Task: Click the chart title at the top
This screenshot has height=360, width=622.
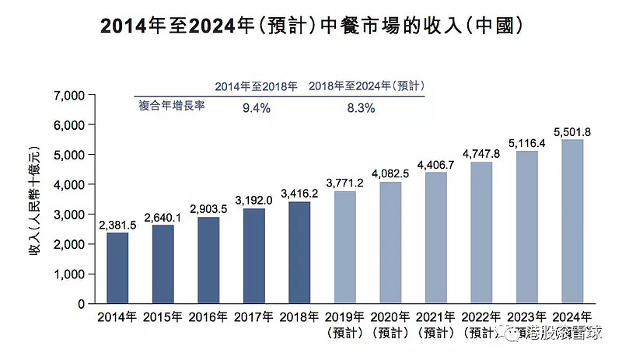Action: tap(310, 26)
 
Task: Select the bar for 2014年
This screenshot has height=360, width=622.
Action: tap(118, 267)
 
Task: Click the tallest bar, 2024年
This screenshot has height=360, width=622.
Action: tap(572, 222)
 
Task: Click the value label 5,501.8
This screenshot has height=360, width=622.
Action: tap(573, 132)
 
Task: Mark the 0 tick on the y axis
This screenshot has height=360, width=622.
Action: tap(79, 303)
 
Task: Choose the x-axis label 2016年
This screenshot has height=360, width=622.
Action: tap(208, 317)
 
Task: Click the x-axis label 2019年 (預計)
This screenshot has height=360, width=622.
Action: tap(346, 324)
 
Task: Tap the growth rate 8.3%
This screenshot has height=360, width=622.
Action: tap(361, 108)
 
